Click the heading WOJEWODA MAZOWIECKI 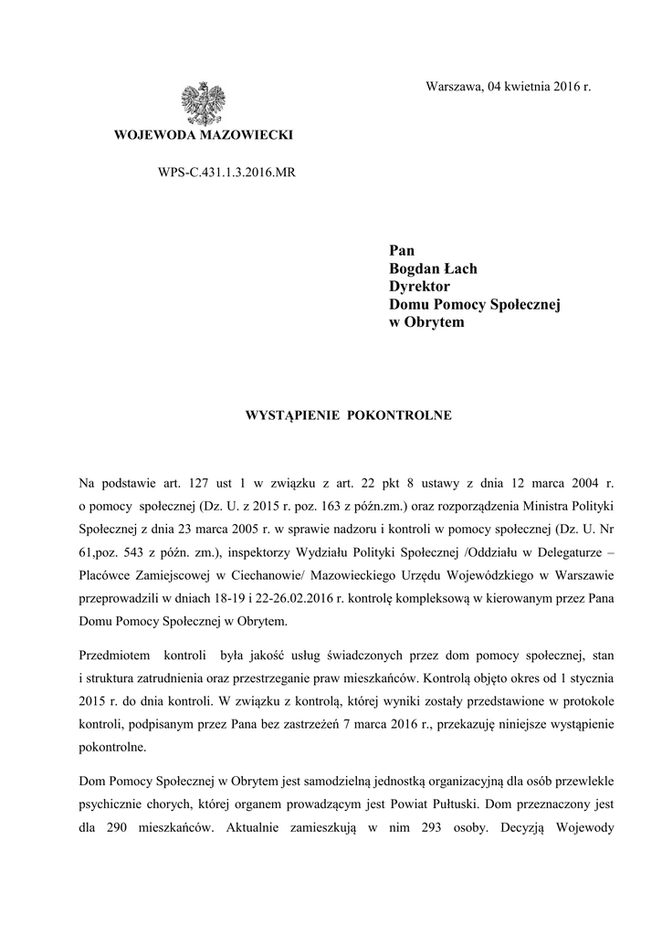point(204,135)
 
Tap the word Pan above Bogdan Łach point(402,250)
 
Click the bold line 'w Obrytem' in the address point(426,323)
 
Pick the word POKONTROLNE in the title point(405,415)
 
